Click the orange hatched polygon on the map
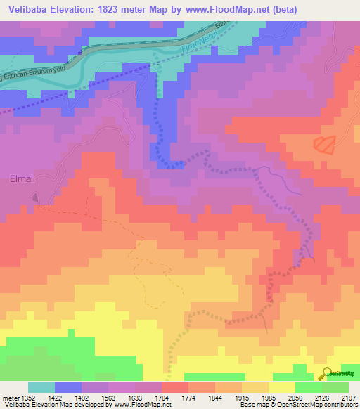pyautogui.click(x=324, y=144)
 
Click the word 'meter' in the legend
pyautogui.click(x=11, y=398)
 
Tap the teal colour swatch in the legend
pyautogui.click(x=41, y=387)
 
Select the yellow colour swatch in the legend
pyautogui.click(x=282, y=387)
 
